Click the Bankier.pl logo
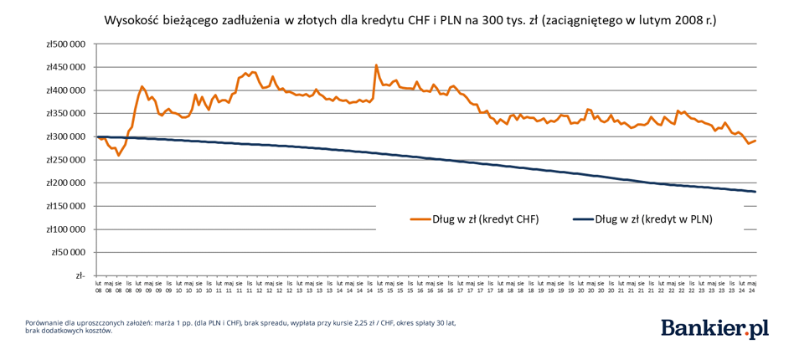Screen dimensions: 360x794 (x=714, y=328)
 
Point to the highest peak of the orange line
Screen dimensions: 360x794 (x=376, y=64)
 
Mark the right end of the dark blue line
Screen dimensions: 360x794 (x=755, y=192)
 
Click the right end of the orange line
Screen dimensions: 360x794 (x=755, y=141)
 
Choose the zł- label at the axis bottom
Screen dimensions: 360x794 (x=79, y=275)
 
